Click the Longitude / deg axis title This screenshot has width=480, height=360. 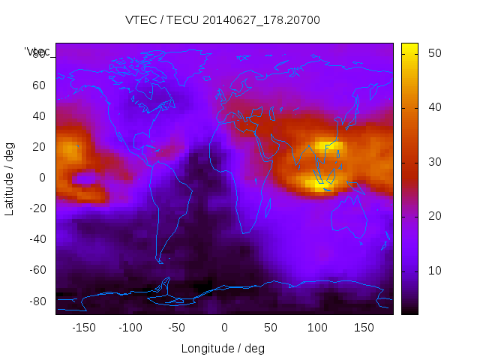pos(223,349)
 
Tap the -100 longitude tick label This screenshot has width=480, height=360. pos(130,328)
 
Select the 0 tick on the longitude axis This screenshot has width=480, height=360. pos(224,328)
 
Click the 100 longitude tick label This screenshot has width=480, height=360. pos(318,328)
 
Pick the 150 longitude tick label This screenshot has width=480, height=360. pos(364,328)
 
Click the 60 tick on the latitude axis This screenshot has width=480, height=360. pos(38,85)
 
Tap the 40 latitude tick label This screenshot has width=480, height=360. pos(38,115)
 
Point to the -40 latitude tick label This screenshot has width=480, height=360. pos(36,239)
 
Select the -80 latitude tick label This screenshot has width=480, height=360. pos(36,301)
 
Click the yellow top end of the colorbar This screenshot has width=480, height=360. pos(409,47)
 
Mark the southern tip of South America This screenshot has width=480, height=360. pos(160,261)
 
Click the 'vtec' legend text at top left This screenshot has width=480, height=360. pos(37,52)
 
